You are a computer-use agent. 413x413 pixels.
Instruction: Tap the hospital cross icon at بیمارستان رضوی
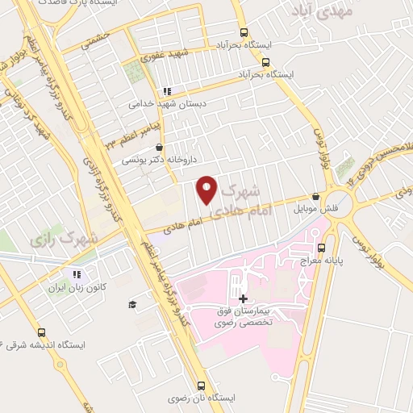tap(243, 298)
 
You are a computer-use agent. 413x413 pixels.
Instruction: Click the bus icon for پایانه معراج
tap(322, 248)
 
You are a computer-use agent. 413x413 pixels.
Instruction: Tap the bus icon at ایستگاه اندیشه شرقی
tap(41, 332)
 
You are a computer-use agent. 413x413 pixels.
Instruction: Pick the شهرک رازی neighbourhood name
tap(61, 239)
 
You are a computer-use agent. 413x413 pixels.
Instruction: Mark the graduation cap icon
tap(131, 303)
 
